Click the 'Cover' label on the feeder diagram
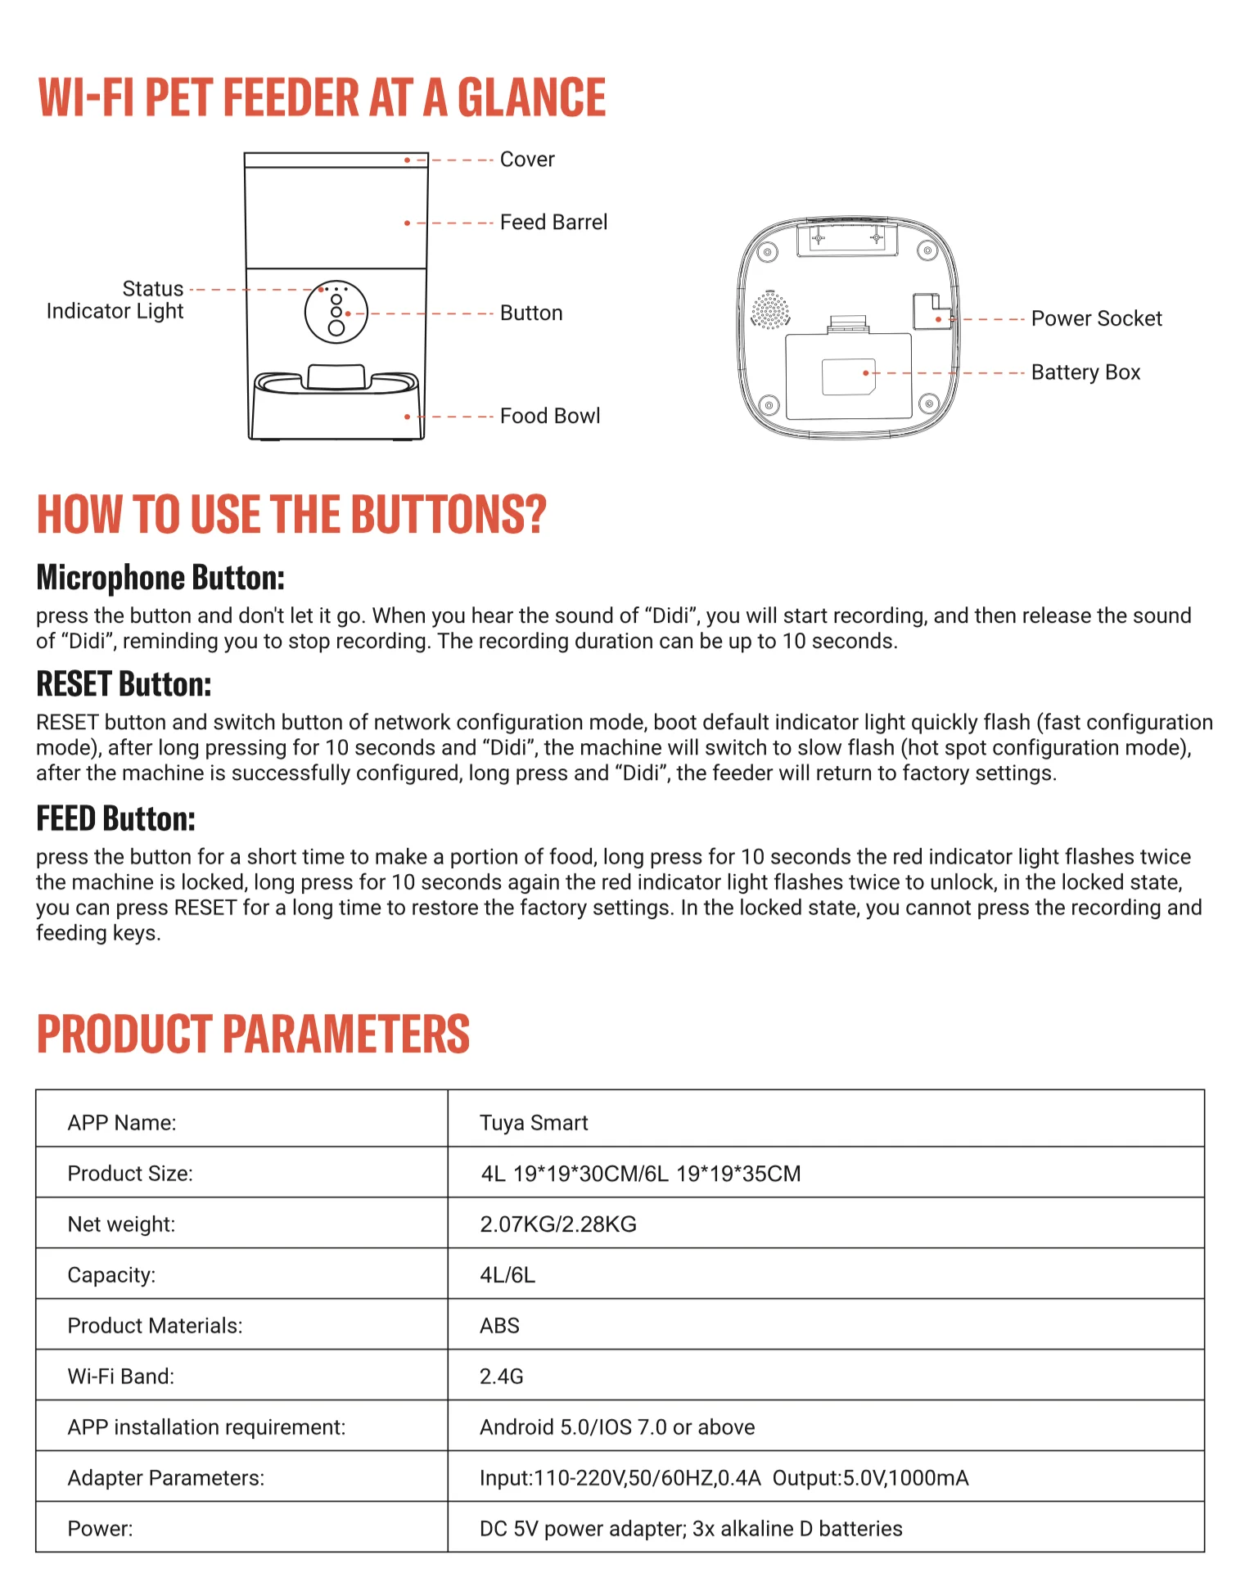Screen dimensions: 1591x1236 coord(527,160)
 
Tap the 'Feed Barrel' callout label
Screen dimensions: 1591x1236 coord(553,223)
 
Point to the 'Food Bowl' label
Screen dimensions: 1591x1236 coord(550,417)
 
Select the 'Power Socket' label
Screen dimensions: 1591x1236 coord(1096,319)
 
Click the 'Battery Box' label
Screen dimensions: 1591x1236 coord(1085,373)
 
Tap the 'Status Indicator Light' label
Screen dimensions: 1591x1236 coord(115,300)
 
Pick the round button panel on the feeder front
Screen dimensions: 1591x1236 coord(336,312)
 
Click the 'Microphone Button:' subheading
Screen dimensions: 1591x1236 coord(160,578)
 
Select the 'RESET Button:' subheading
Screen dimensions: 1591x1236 coord(124,684)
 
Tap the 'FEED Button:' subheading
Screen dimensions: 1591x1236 coord(115,819)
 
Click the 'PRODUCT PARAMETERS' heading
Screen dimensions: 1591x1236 coord(253,1034)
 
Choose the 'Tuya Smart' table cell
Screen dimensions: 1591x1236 coord(534,1123)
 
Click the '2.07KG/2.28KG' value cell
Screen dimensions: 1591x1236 coord(558,1224)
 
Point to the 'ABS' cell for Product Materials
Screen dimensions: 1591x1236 coord(499,1326)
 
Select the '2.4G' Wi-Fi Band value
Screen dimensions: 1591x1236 coord(501,1377)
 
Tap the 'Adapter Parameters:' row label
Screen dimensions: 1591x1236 coord(166,1478)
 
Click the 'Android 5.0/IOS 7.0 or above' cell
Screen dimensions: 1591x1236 coord(617,1427)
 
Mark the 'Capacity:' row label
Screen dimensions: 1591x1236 coord(111,1275)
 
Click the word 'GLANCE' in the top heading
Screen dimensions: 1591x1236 coord(531,98)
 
